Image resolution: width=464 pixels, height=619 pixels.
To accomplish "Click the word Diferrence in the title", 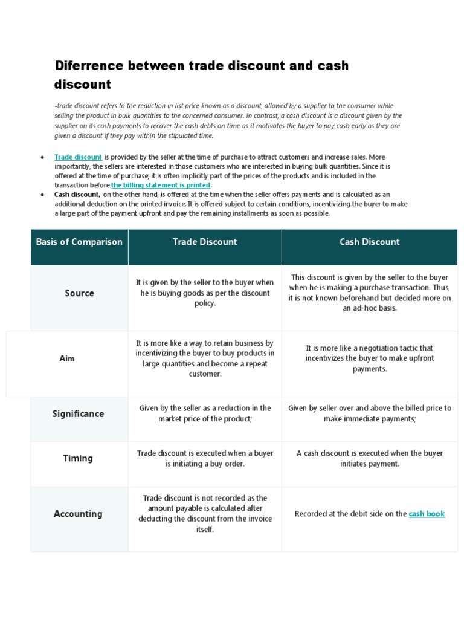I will pos(89,65).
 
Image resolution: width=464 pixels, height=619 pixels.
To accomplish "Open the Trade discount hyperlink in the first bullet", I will pos(78,157).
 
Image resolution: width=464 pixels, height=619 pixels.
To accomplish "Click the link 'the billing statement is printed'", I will pos(161,185).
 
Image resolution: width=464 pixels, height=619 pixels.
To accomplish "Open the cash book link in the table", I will pos(427,514).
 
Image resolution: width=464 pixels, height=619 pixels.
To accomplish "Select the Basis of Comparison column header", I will pos(79,242).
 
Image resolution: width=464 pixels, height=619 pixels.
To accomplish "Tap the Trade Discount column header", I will pos(205,242).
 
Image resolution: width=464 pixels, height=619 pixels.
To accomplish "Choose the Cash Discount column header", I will pos(370,242).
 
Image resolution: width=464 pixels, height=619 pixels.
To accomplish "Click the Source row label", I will pos(79,293).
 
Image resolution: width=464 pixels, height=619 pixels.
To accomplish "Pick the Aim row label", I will pos(67,358).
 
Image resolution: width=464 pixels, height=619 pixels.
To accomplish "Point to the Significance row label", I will pos(79,414).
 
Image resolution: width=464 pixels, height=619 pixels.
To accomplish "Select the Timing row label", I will pos(78,458).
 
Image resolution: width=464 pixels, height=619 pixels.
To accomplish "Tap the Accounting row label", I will pos(78,514).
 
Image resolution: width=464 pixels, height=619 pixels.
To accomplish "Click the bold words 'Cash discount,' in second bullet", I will pos(77,195).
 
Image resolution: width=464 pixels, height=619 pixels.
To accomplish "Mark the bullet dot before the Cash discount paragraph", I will pos(42,195).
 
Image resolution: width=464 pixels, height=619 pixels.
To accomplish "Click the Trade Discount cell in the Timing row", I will pos(205,458).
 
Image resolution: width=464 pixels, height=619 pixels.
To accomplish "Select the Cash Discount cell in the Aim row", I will pos(370,358).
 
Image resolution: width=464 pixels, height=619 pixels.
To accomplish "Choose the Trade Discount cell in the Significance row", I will pos(205,413).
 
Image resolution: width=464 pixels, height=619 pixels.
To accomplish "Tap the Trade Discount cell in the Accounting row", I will pos(205,514).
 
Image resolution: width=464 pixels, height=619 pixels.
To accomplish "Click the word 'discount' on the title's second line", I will pos(83,84).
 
